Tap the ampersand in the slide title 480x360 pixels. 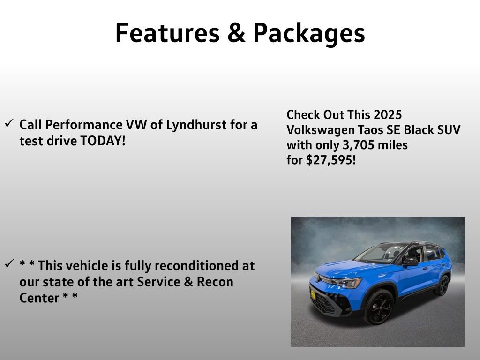click(x=239, y=33)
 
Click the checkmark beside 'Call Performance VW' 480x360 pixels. click(x=9, y=123)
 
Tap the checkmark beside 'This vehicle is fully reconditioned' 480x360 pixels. click(x=9, y=264)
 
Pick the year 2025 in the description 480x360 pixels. click(x=388, y=115)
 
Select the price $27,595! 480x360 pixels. click(x=331, y=160)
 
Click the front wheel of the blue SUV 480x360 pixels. click(x=379, y=307)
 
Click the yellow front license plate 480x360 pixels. click(x=313, y=295)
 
